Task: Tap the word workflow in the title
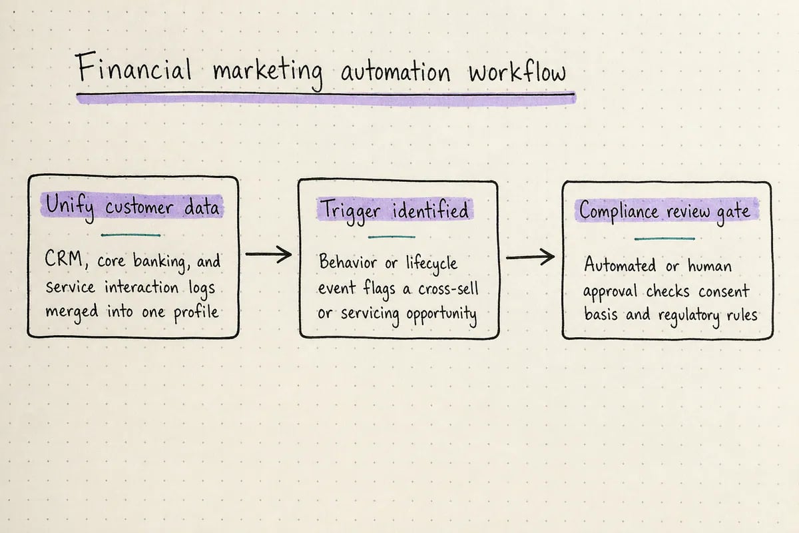(x=517, y=72)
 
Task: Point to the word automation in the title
(x=396, y=72)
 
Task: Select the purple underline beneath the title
(x=326, y=99)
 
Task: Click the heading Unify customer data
(x=133, y=207)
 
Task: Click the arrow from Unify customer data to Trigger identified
(x=268, y=255)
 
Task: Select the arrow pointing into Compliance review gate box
(x=530, y=257)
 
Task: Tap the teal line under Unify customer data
(x=131, y=235)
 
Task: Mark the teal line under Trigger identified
(x=392, y=237)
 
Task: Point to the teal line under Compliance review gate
(x=665, y=239)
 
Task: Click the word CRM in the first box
(x=64, y=259)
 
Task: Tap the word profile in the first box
(x=196, y=312)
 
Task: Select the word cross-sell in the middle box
(x=448, y=288)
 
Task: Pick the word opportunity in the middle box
(x=441, y=315)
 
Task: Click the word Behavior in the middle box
(x=348, y=262)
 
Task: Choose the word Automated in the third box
(x=620, y=265)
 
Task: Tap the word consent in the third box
(x=724, y=291)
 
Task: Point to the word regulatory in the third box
(x=688, y=316)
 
